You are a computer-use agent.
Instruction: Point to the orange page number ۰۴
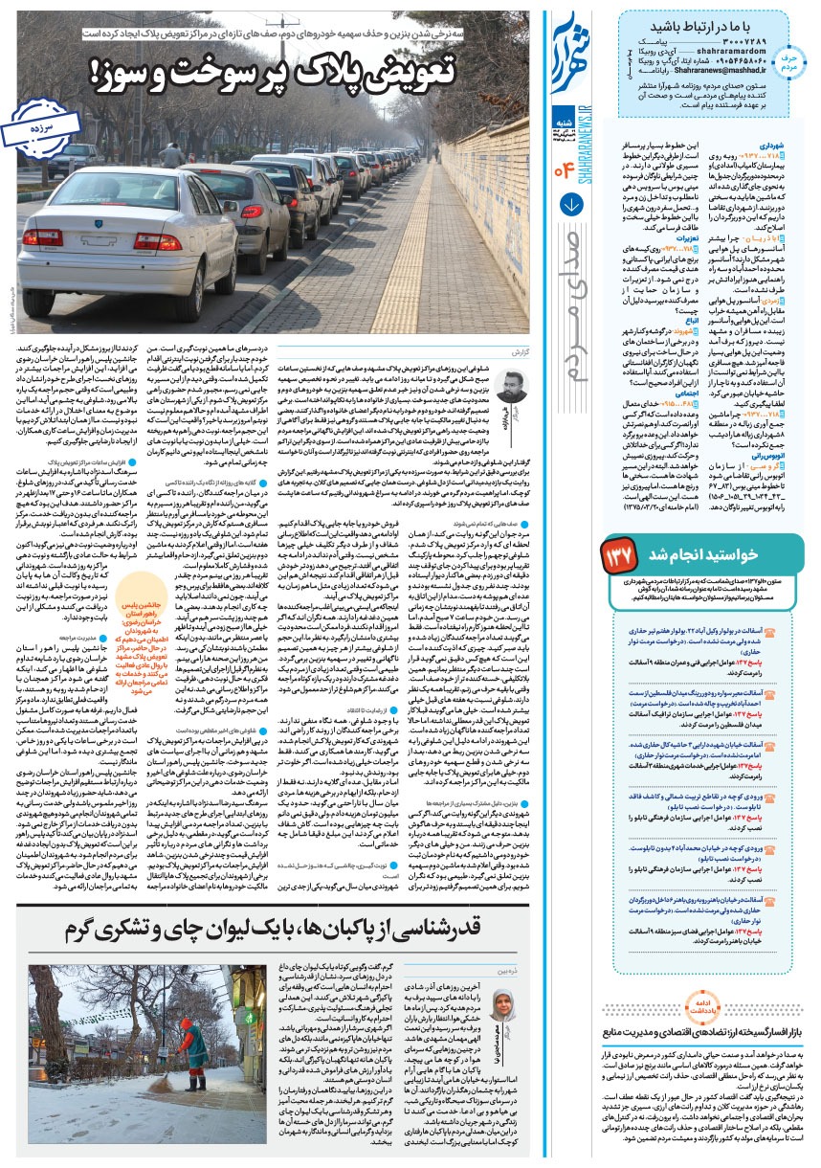(566, 172)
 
